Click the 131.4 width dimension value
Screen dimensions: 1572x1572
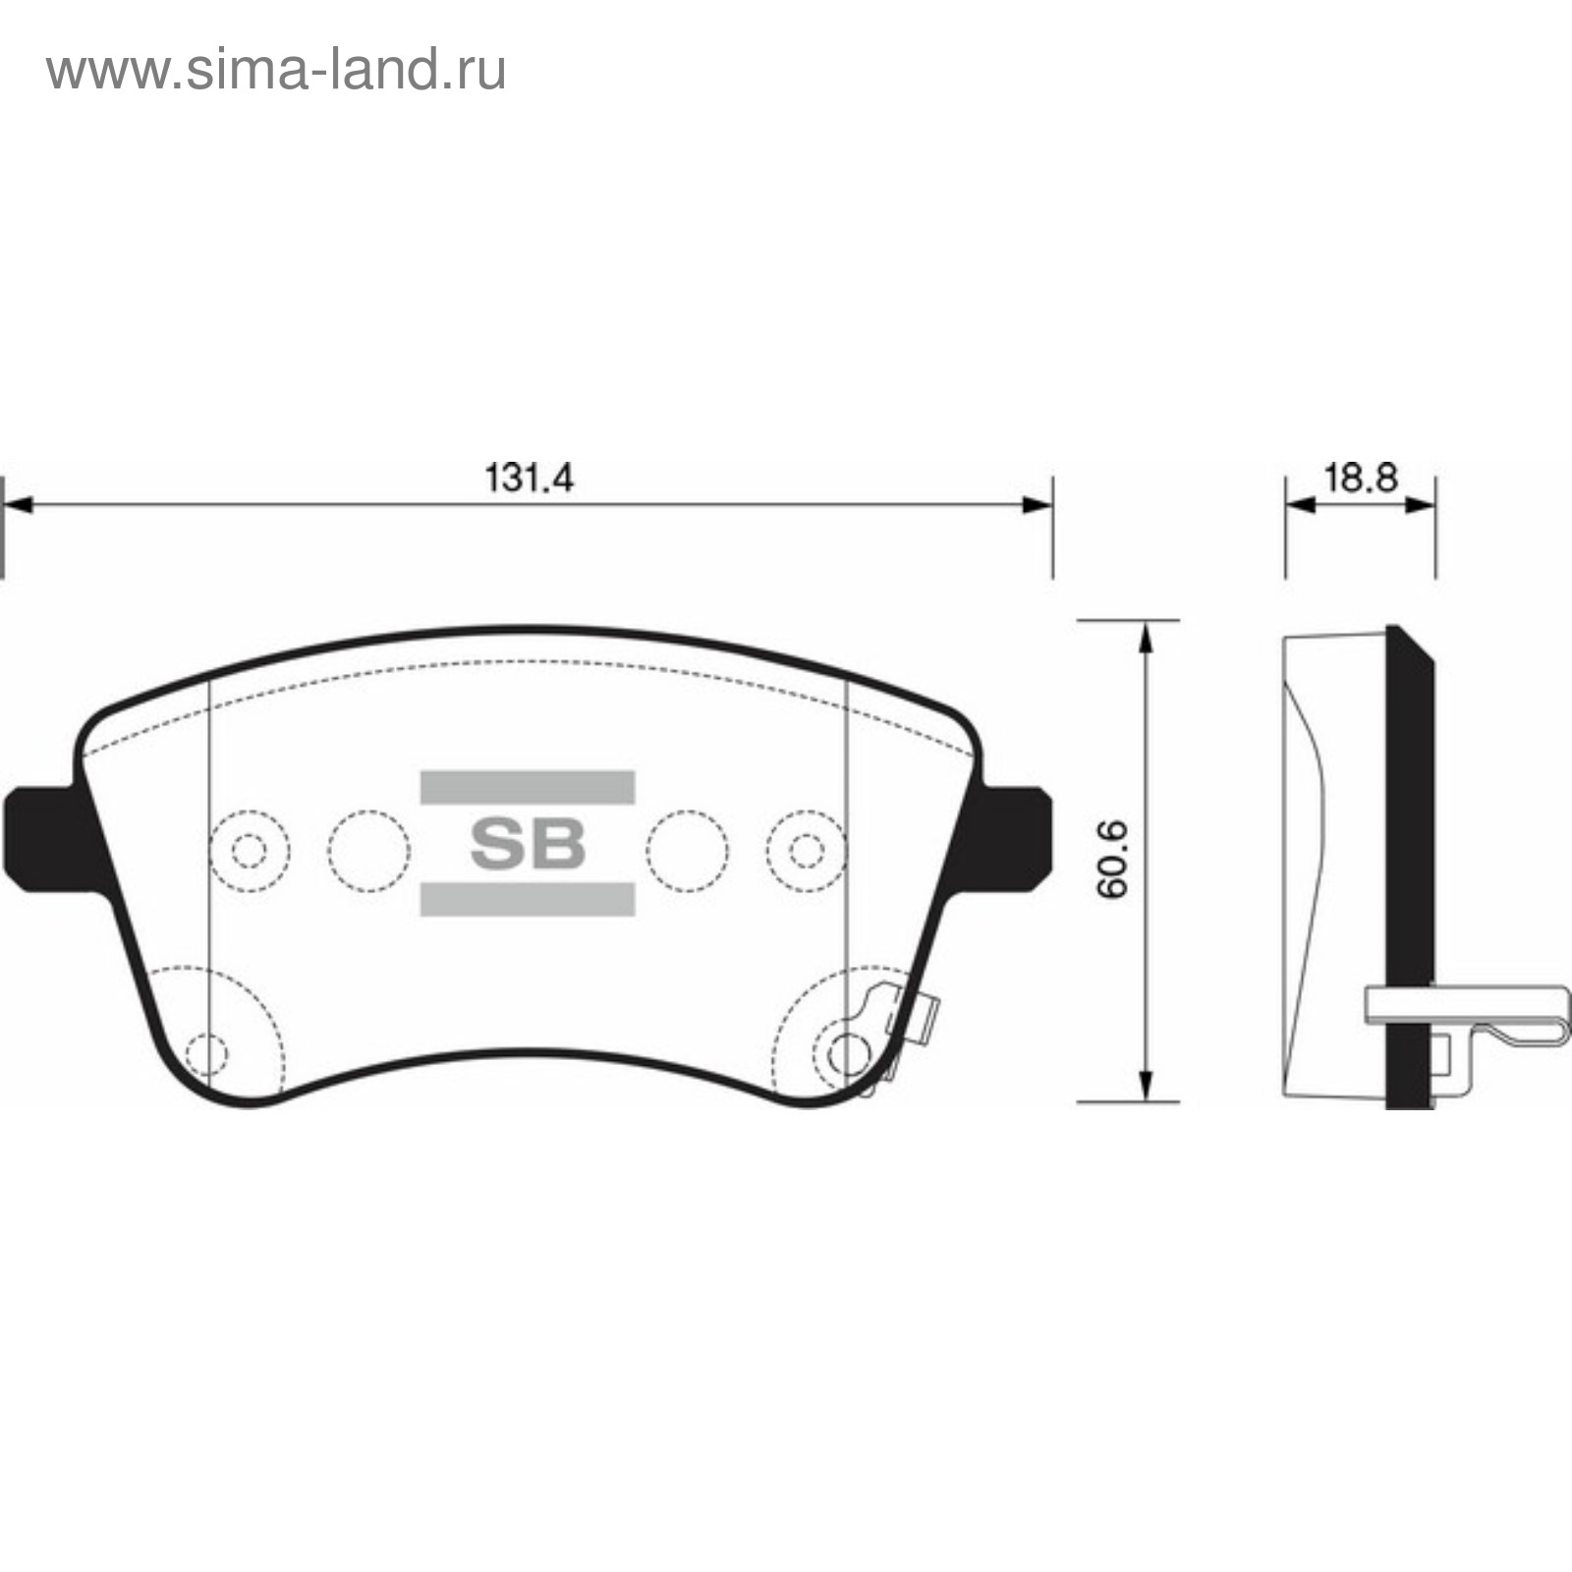pos(529,477)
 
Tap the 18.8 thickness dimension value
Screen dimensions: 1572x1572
pos(1361,477)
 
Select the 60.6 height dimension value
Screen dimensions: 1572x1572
pos(1114,861)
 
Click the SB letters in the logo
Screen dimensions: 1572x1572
pos(528,843)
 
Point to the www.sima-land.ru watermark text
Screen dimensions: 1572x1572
pos(276,71)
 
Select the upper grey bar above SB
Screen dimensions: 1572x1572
pos(528,788)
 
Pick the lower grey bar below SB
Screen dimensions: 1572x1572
pos(528,899)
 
